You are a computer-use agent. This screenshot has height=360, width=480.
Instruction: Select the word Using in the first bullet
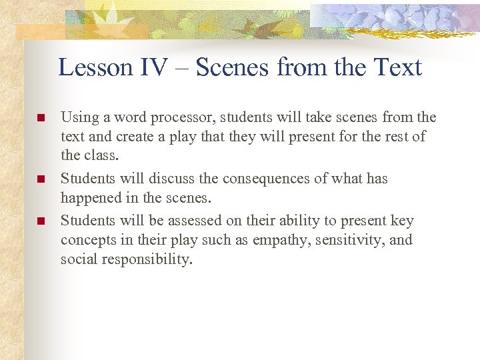79,118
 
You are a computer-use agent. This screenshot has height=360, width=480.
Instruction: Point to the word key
401,221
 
